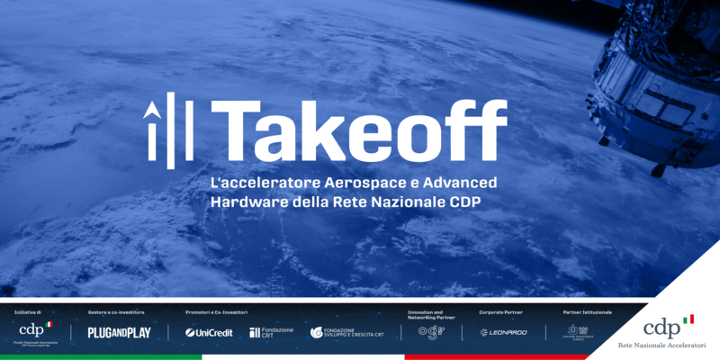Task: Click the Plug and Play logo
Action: click(x=119, y=332)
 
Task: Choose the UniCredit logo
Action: click(x=209, y=332)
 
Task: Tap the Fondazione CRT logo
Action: click(x=271, y=332)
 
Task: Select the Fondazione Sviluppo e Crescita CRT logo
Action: click(x=346, y=332)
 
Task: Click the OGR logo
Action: click(x=431, y=331)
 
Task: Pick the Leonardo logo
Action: click(x=503, y=332)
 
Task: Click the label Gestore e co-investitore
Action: click(x=116, y=312)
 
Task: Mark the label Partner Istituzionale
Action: click(x=588, y=312)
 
